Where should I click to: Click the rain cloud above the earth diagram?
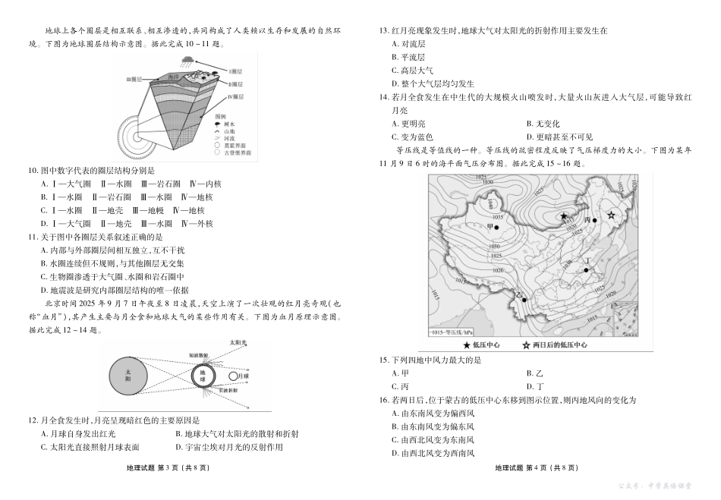click(x=187, y=58)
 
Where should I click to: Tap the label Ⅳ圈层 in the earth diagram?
click(x=235, y=98)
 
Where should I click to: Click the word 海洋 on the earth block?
click(x=174, y=76)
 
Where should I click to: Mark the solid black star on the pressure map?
click(x=564, y=216)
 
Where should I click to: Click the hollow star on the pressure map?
click(x=611, y=216)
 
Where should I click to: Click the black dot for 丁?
click(x=586, y=268)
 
